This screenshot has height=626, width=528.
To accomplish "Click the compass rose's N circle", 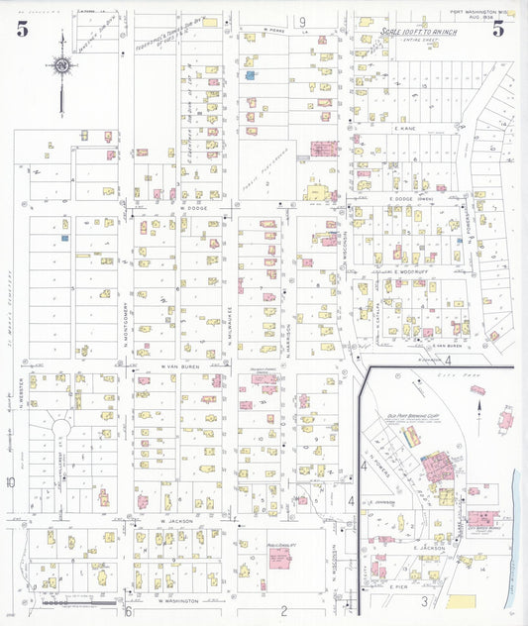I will tap(62, 66).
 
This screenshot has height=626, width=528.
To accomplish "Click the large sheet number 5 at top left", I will tap(22, 28).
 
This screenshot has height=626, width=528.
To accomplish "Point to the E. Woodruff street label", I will tap(409, 270).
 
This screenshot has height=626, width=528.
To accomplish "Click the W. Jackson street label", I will tap(173, 519).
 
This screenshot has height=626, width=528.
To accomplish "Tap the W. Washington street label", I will tap(179, 600).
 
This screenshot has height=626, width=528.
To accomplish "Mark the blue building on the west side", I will tap(64, 238).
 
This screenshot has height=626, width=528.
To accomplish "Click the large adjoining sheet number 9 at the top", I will tap(301, 22).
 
